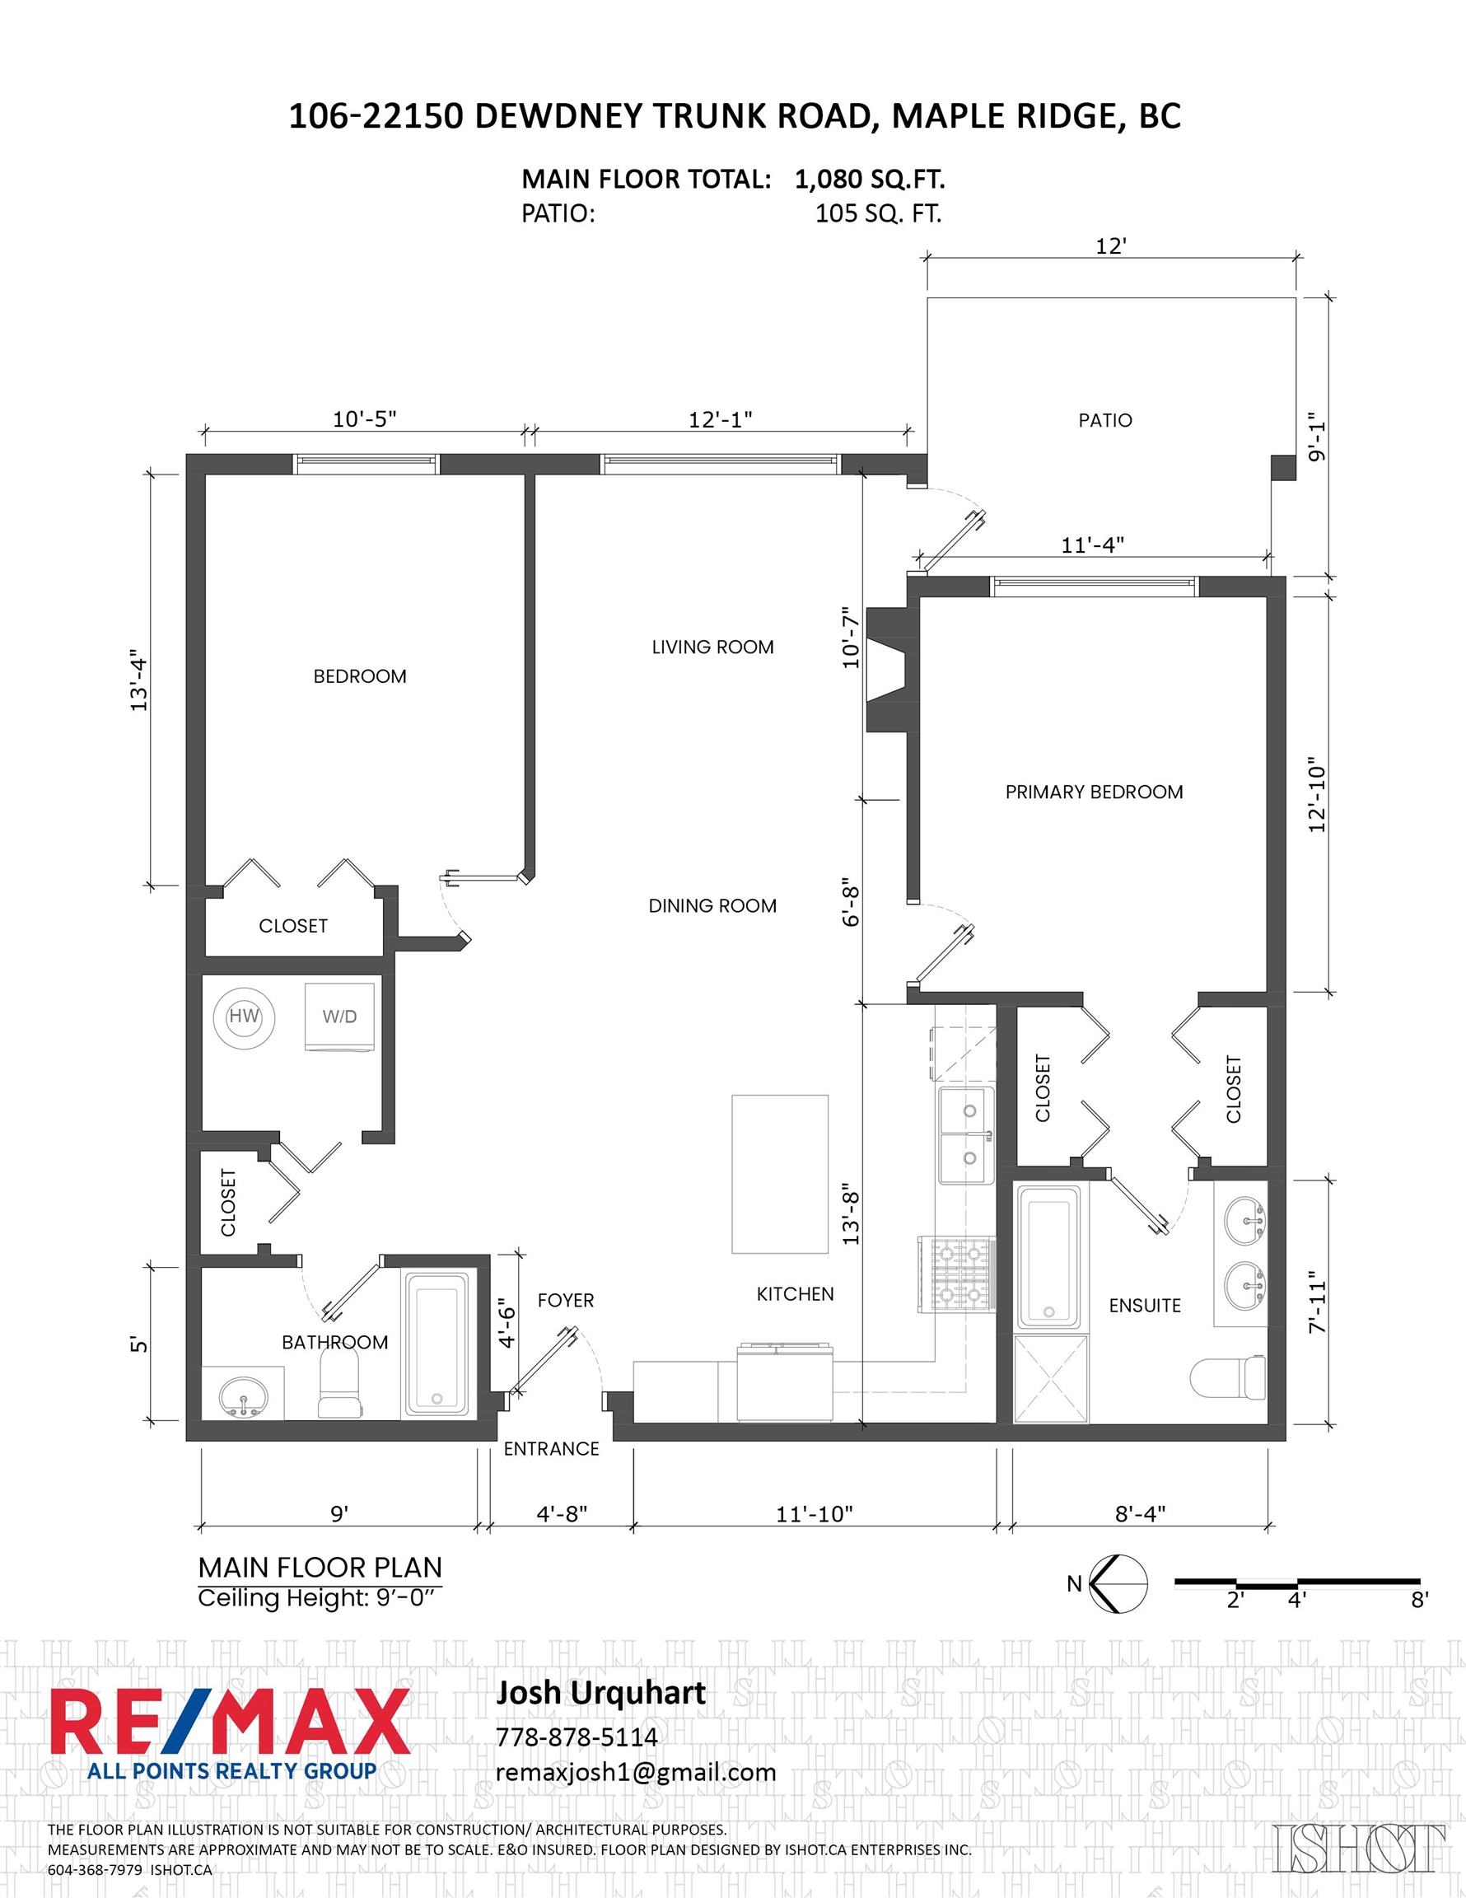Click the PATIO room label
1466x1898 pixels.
point(1104,421)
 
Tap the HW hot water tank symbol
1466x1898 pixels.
point(244,1017)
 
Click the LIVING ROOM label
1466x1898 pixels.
point(712,647)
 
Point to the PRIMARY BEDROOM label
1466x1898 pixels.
point(1094,792)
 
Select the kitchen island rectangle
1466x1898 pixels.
point(779,1174)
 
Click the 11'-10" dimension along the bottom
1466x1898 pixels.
point(815,1515)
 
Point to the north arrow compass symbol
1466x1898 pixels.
point(1118,1584)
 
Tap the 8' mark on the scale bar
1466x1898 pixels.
point(1419,1600)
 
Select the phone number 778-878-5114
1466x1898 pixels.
point(577,1737)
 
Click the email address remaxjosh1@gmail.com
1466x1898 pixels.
point(636,1774)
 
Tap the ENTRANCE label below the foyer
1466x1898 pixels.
point(552,1450)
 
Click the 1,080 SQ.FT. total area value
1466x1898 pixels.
point(870,180)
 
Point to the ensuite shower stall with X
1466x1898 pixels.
point(1051,1379)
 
